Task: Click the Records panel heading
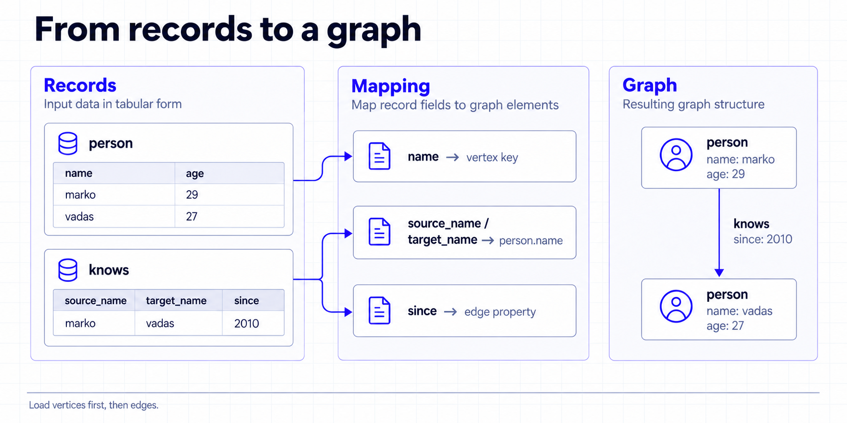80,85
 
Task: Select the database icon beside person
68,144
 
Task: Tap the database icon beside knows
68,270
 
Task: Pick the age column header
195,174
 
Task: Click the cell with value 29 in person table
192,195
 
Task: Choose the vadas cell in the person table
79,217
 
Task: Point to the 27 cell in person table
191,217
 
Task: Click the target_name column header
176,300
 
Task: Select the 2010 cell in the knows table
246,323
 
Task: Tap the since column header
246,300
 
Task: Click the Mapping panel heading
391,86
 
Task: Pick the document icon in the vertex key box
380,156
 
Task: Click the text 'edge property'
500,312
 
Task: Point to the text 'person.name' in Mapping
531,240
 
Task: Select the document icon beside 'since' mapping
380,310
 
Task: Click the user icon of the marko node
676,155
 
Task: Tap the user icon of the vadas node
676,306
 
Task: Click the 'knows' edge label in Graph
751,224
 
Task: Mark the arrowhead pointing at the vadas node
719,273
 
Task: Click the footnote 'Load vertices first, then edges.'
94,405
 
